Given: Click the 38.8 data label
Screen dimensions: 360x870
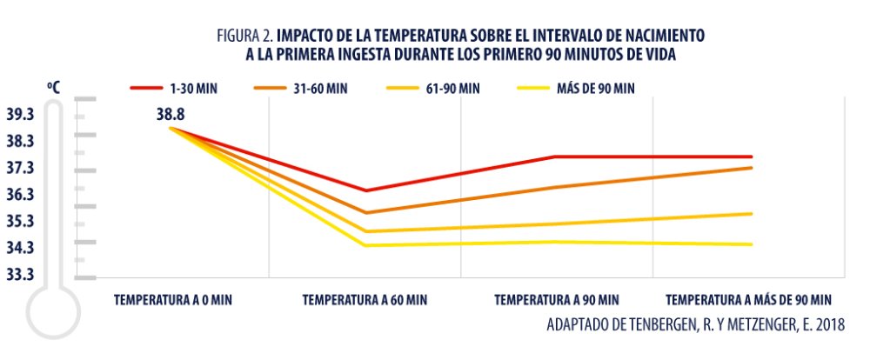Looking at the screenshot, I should pyautogui.click(x=171, y=113).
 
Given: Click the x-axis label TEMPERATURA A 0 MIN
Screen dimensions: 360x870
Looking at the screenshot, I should pyautogui.click(x=173, y=300).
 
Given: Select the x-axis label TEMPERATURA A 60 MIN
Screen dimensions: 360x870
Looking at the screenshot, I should pyautogui.click(x=365, y=300).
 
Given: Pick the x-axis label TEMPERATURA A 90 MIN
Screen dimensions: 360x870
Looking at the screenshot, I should pyautogui.click(x=557, y=300).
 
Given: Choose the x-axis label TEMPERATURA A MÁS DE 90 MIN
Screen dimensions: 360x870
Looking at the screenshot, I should pyautogui.click(x=749, y=300).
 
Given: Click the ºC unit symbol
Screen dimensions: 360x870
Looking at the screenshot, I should pyautogui.click(x=54, y=88).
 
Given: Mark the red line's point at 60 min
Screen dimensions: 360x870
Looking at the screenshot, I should pyautogui.click(x=365, y=190).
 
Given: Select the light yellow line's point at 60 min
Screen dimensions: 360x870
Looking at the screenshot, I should pyautogui.click(x=365, y=245).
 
